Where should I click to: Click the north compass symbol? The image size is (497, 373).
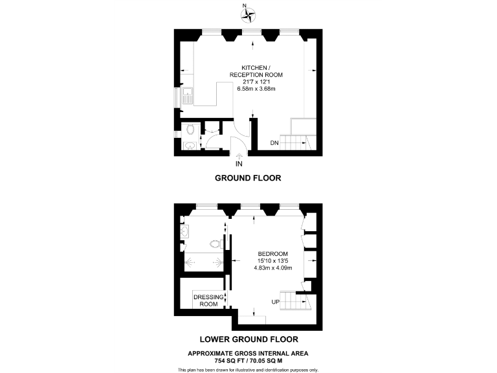pyautogui.click(x=248, y=12)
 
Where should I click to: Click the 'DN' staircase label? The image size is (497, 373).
pyautogui.click(x=274, y=143)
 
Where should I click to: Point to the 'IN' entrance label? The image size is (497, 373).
pyautogui.click(x=239, y=164)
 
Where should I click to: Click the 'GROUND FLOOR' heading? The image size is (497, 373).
pyautogui.click(x=248, y=178)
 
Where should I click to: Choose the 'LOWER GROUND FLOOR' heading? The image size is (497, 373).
pyautogui.click(x=248, y=339)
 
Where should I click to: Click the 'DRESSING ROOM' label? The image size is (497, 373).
pyautogui.click(x=208, y=300)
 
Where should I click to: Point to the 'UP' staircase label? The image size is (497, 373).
pyautogui.click(x=275, y=302)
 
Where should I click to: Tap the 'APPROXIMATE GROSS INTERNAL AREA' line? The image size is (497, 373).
pyautogui.click(x=248, y=353)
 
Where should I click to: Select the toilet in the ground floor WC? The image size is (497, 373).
pyautogui.click(x=190, y=130)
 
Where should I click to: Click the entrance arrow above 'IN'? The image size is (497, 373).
pyautogui.click(x=240, y=155)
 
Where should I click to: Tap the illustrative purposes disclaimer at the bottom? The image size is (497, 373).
pyautogui.click(x=248, y=369)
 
